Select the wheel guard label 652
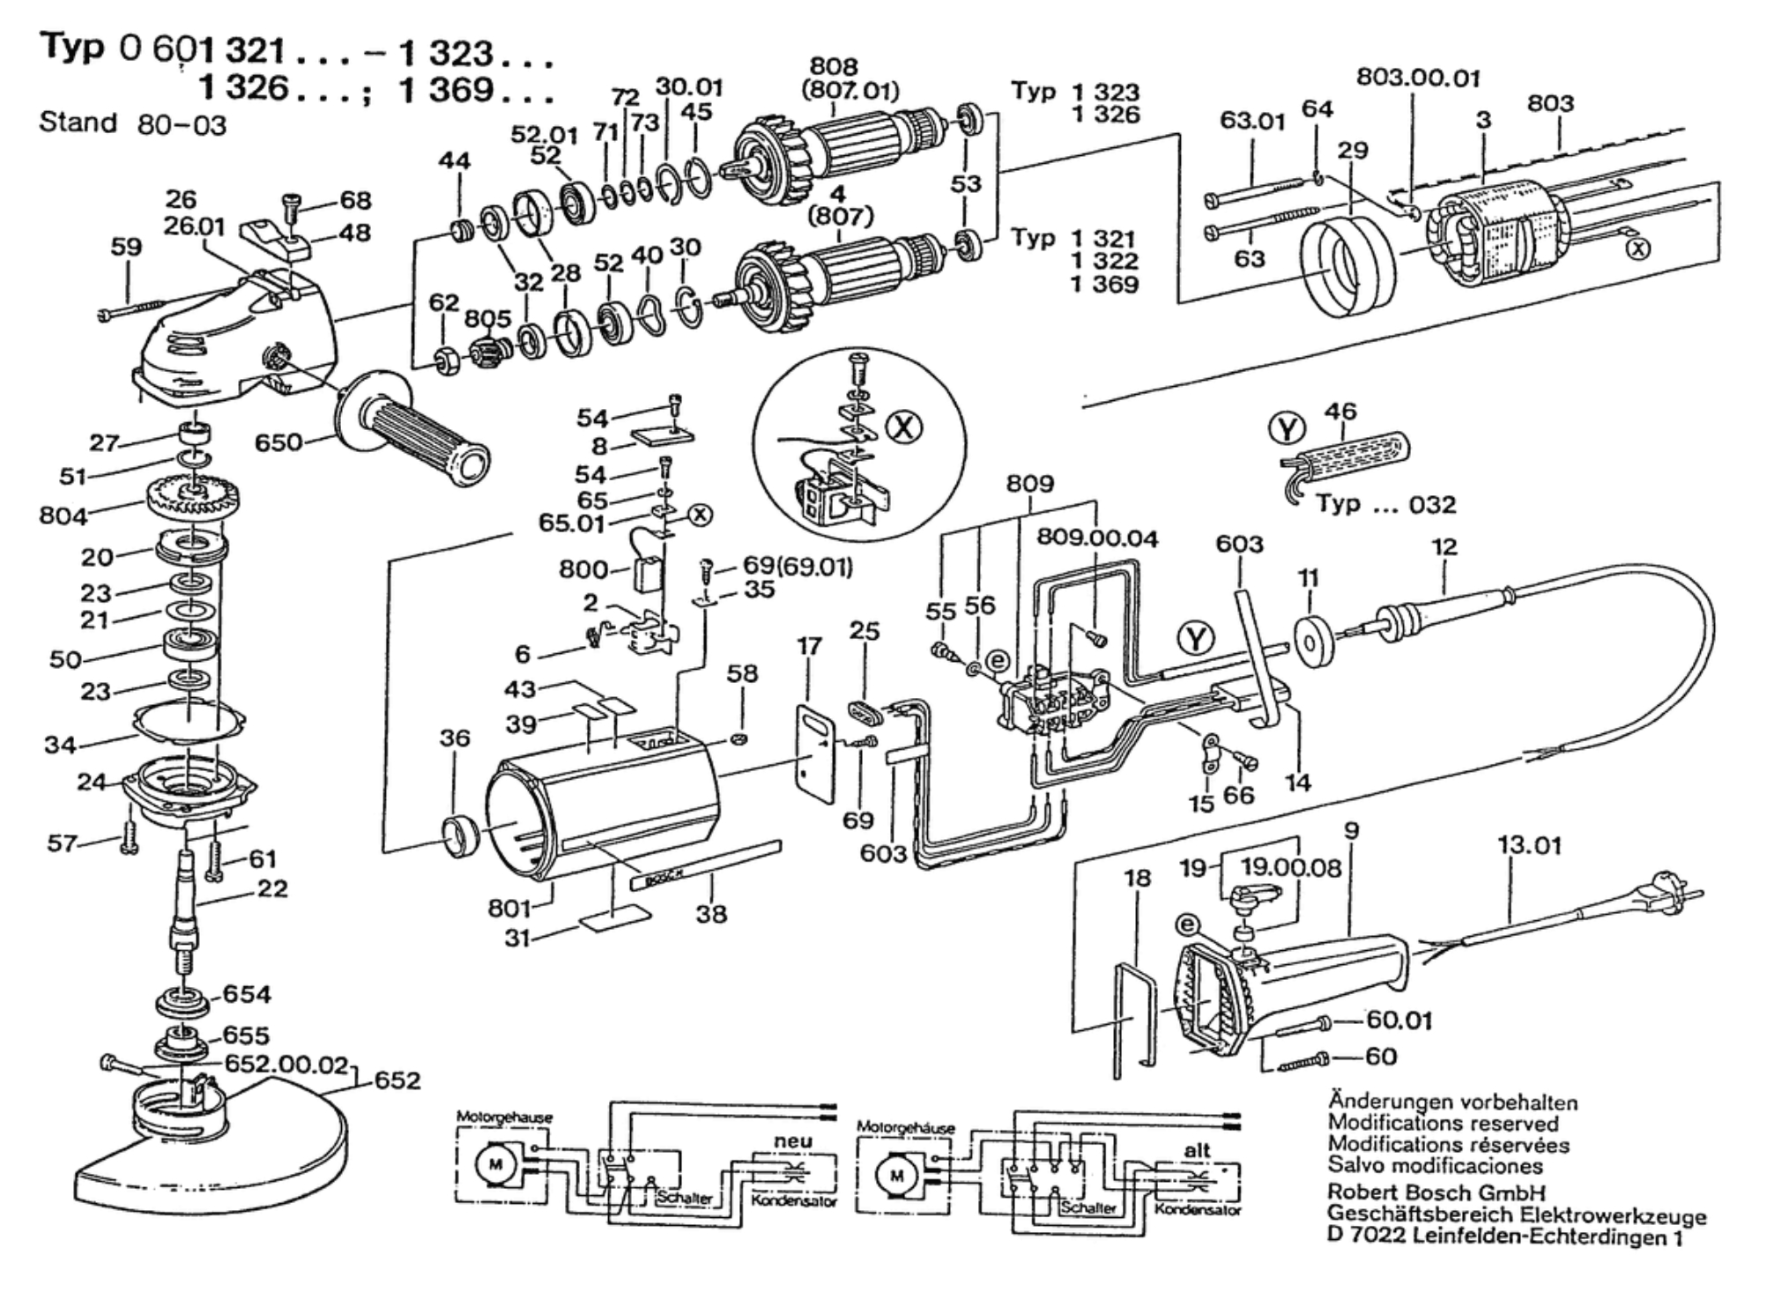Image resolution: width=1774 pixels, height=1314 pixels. (x=397, y=1080)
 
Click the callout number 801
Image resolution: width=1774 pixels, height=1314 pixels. (x=509, y=907)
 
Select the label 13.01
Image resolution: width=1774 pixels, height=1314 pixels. (x=1529, y=846)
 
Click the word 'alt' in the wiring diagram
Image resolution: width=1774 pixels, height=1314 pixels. (x=1197, y=1150)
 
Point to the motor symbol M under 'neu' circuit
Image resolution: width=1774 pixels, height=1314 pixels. (x=495, y=1165)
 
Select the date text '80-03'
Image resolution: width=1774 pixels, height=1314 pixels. (x=182, y=125)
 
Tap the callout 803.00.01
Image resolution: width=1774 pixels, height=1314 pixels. (x=1418, y=78)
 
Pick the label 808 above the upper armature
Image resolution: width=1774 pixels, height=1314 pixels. (x=833, y=67)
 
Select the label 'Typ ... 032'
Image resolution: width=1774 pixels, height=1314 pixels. (x=1385, y=504)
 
